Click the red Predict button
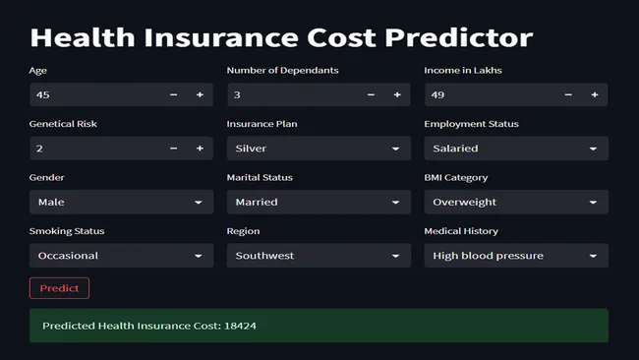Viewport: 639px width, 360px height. (59, 288)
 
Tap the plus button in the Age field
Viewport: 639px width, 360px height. (200, 94)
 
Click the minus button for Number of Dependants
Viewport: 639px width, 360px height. (371, 94)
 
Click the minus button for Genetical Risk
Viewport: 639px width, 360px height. (174, 149)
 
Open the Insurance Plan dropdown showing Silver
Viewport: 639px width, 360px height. (319, 149)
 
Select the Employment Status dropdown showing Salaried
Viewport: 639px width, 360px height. (515, 149)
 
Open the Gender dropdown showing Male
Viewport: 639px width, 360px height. (121, 202)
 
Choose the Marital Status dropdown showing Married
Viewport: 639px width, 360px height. (319, 202)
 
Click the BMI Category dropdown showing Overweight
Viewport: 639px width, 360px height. (515, 202)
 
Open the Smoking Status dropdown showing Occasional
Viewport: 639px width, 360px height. (121, 256)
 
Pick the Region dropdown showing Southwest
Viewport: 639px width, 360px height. (319, 256)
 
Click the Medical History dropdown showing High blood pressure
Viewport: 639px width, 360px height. (515, 256)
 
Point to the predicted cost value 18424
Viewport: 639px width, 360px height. (240, 325)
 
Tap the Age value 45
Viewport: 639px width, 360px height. (43, 94)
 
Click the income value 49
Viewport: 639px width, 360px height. (439, 94)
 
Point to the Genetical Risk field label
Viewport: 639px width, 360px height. (63, 124)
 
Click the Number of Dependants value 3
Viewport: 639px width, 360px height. (237, 94)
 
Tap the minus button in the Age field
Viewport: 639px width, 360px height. (174, 94)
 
